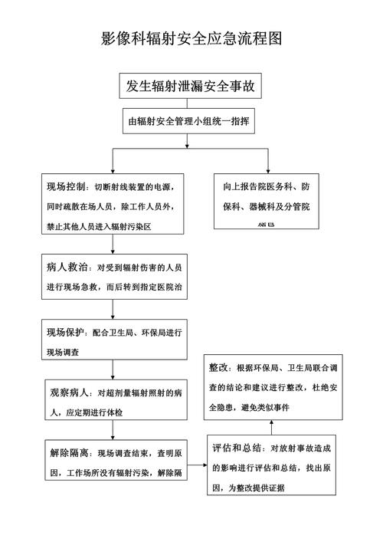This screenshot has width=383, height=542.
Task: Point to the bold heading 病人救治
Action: [x=65, y=268]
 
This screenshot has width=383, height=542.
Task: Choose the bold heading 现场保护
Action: [x=65, y=333]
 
